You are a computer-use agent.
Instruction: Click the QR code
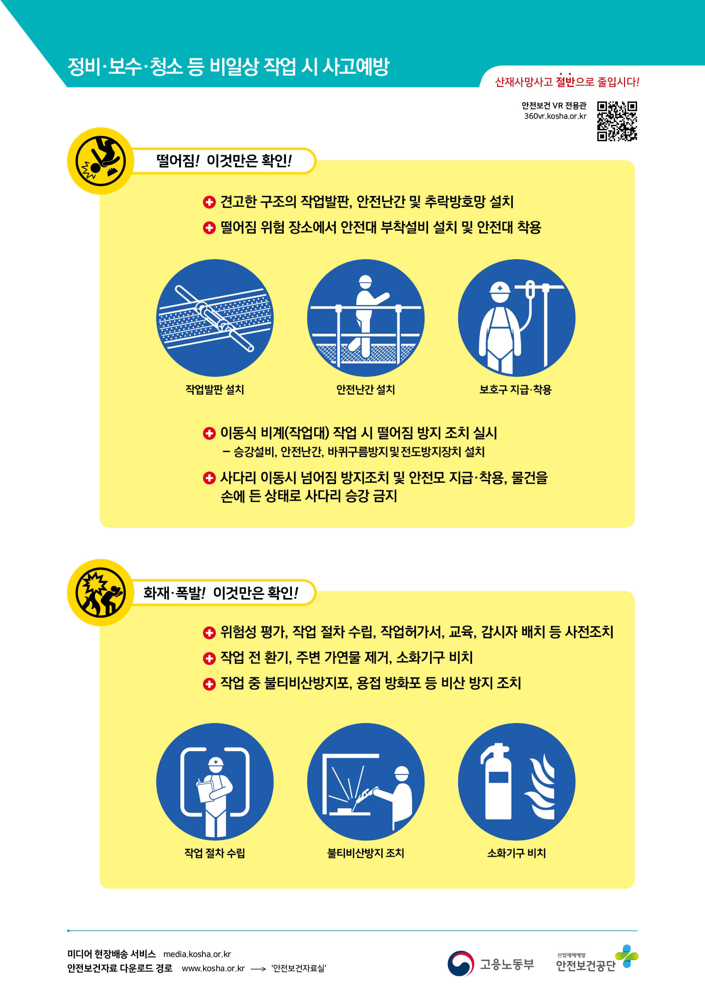[x=617, y=121]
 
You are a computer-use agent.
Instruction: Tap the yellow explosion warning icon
[x=101, y=592]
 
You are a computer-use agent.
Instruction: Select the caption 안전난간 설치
[x=365, y=389]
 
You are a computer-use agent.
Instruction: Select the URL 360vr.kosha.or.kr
[x=555, y=116]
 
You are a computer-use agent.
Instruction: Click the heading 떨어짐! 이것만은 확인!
[x=224, y=161]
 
